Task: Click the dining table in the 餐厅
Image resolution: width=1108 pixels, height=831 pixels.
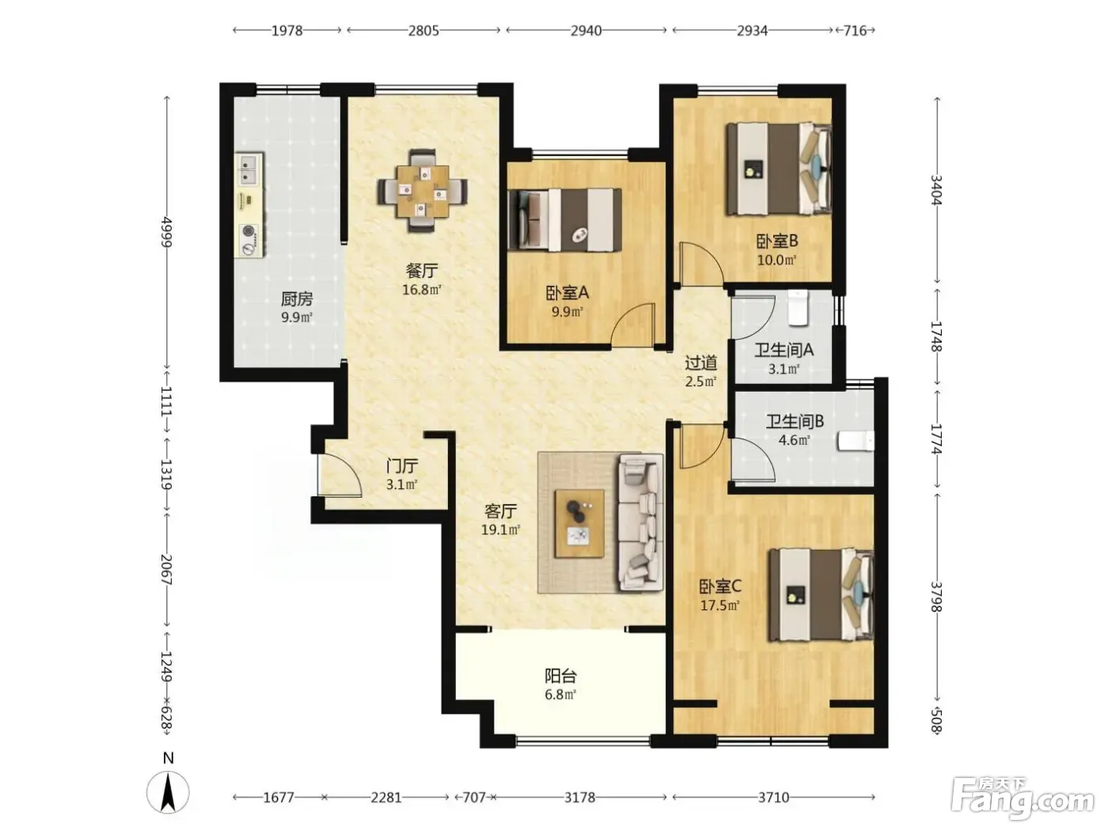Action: point(422,191)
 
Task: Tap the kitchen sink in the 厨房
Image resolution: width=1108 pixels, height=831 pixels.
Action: point(249,170)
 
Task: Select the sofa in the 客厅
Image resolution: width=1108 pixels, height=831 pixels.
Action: point(640,522)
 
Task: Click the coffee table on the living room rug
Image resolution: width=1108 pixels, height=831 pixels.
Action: point(579,523)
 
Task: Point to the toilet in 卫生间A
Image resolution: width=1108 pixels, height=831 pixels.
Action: point(797,306)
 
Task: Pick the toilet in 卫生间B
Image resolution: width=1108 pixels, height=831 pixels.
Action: point(856,440)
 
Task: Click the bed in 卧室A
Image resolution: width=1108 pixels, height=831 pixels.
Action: point(564,219)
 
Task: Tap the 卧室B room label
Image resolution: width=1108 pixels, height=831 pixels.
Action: point(776,241)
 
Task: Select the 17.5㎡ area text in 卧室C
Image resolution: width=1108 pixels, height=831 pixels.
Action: point(719,605)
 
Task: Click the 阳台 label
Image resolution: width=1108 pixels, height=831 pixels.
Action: point(560,676)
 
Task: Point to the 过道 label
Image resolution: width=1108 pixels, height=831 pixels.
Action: point(700,362)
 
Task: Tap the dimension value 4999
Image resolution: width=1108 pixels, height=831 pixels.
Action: point(166,232)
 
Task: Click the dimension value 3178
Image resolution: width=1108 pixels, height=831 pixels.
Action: point(579,797)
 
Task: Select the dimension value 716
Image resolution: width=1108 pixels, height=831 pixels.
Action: point(855,31)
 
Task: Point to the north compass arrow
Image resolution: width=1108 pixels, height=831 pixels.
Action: point(168,793)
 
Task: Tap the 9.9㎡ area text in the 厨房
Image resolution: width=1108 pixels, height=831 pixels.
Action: point(297,317)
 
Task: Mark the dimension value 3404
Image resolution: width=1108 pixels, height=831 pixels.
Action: point(936,190)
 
